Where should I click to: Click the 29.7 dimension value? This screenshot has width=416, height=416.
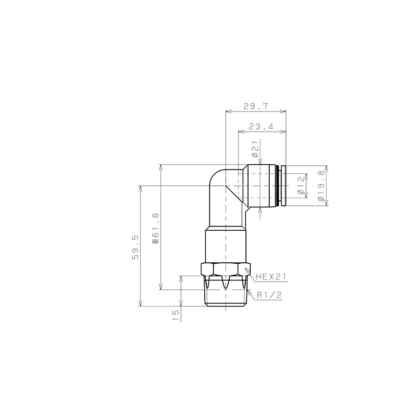click(x=256, y=107)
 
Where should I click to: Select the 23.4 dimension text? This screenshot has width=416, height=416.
click(x=261, y=126)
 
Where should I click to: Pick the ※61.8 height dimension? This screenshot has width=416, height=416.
click(x=156, y=228)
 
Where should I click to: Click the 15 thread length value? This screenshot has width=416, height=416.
click(x=175, y=315)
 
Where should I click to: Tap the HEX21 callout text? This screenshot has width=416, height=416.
click(x=271, y=276)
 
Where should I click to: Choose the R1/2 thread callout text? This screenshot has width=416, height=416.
click(x=270, y=295)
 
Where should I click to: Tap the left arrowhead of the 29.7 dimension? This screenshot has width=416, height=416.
click(x=227, y=112)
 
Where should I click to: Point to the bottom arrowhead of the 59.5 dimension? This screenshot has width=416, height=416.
click(x=141, y=304)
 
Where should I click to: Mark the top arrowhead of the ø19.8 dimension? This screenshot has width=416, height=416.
click(x=326, y=167)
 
